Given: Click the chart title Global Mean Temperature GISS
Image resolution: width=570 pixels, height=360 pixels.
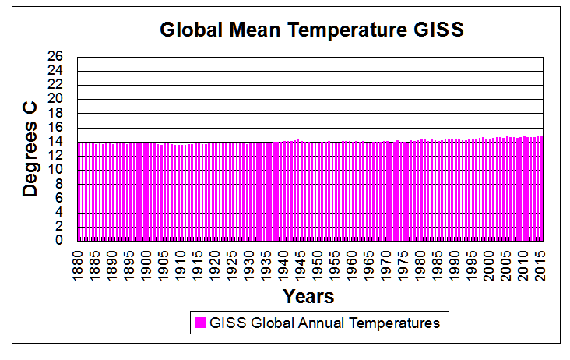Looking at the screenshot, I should pyautogui.click(x=311, y=30).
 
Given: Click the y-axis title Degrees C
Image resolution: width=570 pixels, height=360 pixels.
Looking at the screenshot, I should pyautogui.click(x=30, y=148).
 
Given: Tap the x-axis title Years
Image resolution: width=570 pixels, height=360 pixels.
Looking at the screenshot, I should pyautogui.click(x=308, y=296).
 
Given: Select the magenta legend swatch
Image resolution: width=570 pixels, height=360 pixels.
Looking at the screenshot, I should pyautogui.click(x=200, y=323).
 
